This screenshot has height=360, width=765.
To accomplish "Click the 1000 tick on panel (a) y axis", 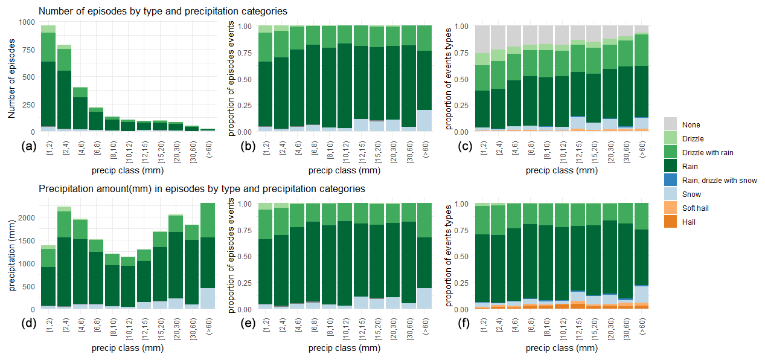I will (x=27, y=22).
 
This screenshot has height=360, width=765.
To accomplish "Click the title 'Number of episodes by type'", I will (x=162, y=11).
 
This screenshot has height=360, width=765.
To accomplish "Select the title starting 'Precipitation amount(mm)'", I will (x=202, y=188).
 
